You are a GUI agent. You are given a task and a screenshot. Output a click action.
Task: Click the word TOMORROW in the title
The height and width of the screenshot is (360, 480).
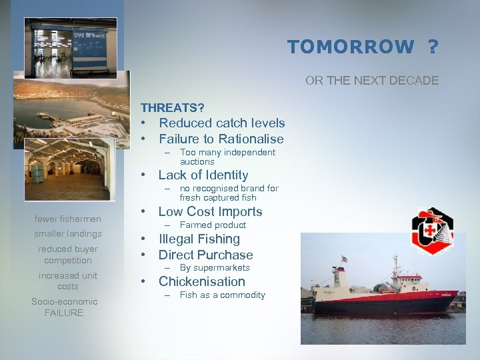click(x=350, y=47)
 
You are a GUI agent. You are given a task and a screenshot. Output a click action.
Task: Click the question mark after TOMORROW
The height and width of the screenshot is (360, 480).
click(x=433, y=47)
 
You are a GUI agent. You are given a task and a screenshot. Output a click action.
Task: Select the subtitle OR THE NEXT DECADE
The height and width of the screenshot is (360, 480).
click(x=372, y=81)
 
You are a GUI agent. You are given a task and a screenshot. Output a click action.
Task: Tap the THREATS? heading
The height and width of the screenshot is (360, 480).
click(x=172, y=107)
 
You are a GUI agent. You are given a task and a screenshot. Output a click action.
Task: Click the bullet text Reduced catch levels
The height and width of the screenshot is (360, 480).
click(x=221, y=123)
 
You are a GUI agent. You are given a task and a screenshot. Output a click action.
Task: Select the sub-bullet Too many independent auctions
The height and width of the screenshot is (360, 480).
click(x=227, y=157)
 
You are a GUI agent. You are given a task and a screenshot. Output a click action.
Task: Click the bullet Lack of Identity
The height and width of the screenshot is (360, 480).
click(x=203, y=175)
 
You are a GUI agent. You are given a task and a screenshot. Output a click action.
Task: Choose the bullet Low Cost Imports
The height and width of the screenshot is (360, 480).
click(x=210, y=212)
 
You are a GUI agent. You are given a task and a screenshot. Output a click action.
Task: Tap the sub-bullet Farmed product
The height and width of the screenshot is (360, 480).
click(x=213, y=225)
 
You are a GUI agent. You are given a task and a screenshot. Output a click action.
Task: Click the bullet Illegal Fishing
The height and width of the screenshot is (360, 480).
click(x=199, y=239)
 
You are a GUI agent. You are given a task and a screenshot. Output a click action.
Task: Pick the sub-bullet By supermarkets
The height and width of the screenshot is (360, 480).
click(x=215, y=268)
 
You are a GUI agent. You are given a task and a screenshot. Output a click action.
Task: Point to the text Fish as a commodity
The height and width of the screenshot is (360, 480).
click(x=222, y=295)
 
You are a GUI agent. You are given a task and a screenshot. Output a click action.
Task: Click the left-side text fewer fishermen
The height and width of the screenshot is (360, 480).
click(x=68, y=219)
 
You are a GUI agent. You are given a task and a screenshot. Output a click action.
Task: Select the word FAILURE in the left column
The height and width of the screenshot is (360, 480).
click(x=64, y=313)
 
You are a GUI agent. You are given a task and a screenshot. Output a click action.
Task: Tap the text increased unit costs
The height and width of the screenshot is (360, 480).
click(x=68, y=281)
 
